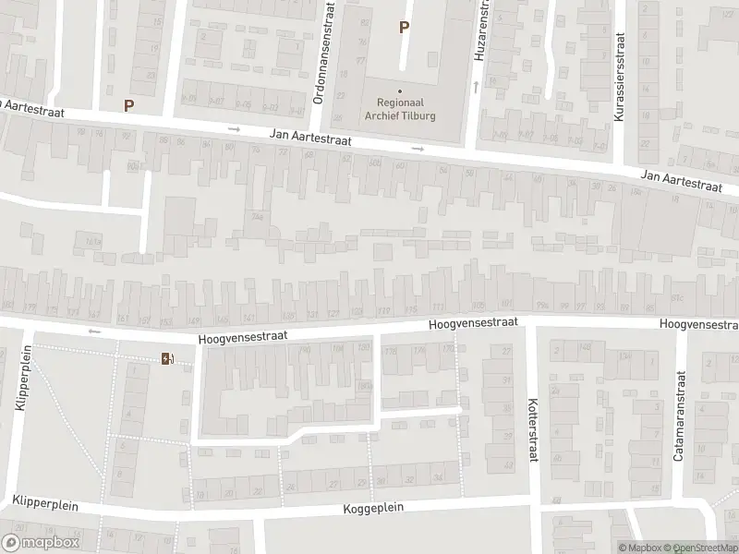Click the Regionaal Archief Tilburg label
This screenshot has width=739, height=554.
(400, 110)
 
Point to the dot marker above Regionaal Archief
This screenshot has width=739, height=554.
(400, 90)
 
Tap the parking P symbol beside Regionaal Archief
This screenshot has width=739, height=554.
(403, 27)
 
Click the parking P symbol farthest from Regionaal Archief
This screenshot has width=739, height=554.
(128, 105)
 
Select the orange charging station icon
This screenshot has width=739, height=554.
(166, 358)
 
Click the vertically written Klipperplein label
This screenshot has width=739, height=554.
(19, 379)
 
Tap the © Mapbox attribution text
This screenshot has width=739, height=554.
(637, 548)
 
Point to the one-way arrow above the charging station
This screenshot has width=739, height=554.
(92, 330)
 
